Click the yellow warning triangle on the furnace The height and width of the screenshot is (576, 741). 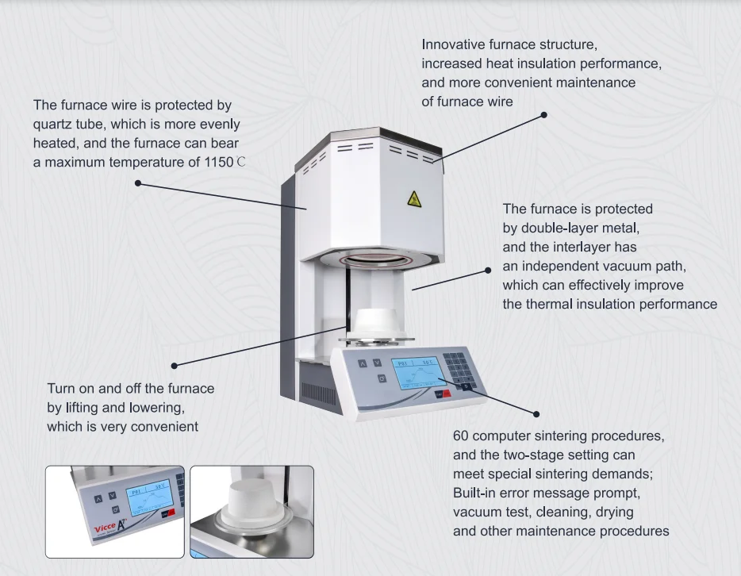[414, 198]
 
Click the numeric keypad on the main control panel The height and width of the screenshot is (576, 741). [457, 367]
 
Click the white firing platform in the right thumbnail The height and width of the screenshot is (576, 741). [251, 509]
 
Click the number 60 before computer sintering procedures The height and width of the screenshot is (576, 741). [460, 436]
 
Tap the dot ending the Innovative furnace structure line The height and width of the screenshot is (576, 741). [543, 115]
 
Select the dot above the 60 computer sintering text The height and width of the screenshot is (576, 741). [536, 413]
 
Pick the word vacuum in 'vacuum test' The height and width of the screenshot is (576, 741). [476, 512]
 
